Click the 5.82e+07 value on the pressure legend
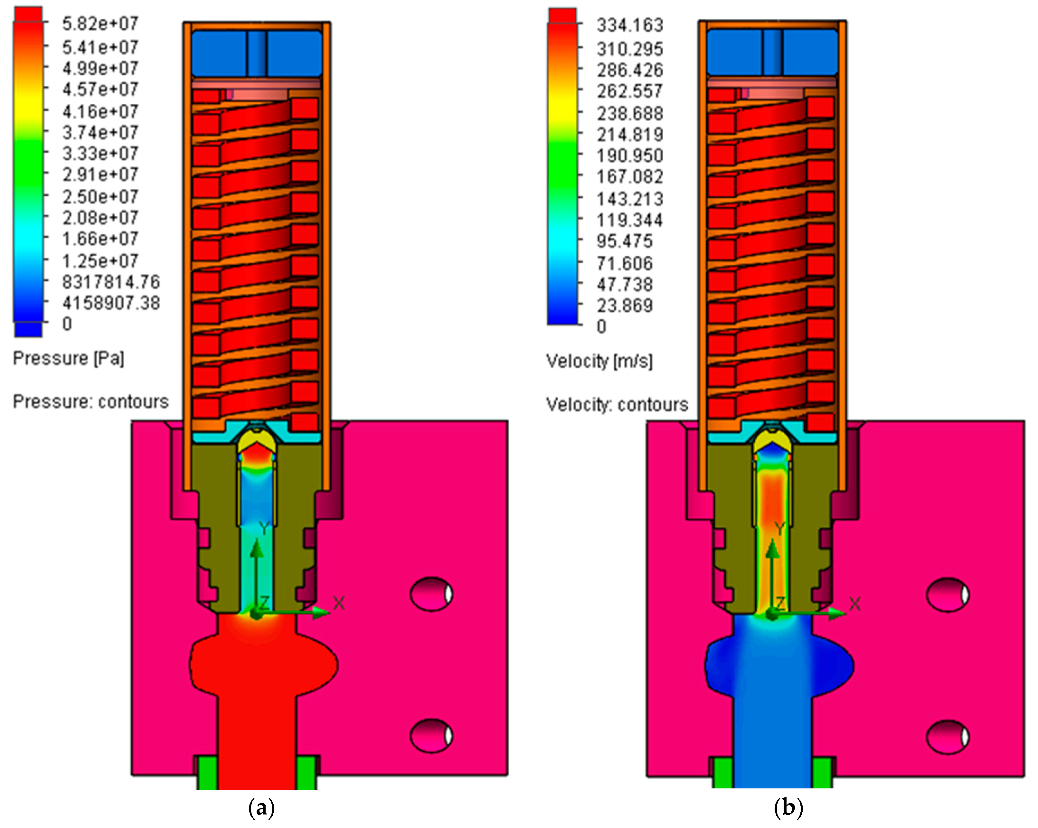100,24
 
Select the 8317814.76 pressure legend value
111,282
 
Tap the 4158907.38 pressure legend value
111,303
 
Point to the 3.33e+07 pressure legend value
100,154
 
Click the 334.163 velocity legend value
630,25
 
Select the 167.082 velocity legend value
630,177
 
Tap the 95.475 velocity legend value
624,241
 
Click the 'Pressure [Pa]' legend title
68,359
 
